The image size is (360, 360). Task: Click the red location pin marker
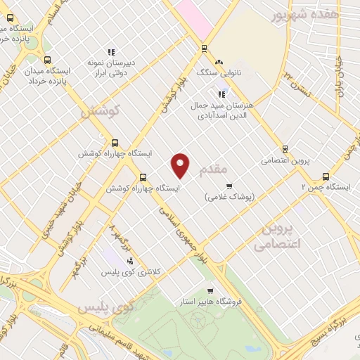click(x=181, y=165)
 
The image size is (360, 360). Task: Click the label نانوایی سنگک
click(x=237, y=72)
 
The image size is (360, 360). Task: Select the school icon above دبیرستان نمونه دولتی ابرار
click(x=110, y=51)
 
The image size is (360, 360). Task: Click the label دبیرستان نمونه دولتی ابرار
click(x=110, y=67)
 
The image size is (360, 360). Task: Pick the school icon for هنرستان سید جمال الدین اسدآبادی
click(x=221, y=94)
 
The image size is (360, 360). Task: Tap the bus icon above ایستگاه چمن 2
click(x=326, y=176)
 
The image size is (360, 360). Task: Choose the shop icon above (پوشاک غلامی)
click(x=229, y=186)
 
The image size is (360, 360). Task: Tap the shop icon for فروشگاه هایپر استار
click(x=210, y=291)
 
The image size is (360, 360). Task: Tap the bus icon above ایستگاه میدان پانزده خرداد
click(x=47, y=60)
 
